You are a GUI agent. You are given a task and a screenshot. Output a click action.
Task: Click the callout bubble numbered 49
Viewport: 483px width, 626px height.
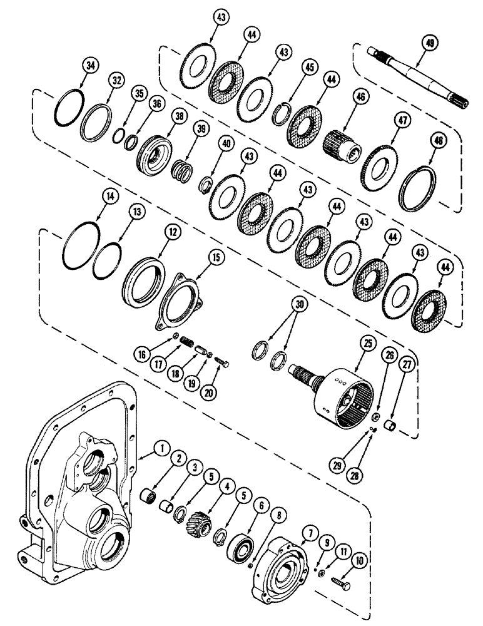[429, 43]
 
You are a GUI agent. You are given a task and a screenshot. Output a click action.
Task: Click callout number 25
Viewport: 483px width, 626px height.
[365, 344]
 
